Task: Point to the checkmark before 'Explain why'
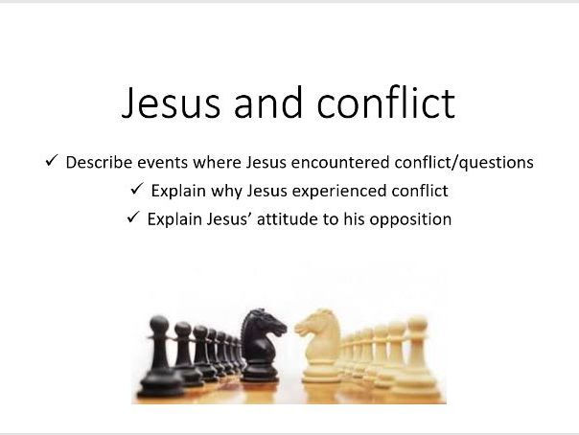tap(136, 190)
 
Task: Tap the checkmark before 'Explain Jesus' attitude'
tap(132, 218)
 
